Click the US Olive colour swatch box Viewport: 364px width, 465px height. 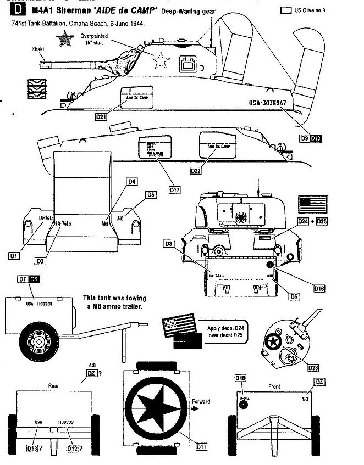285,10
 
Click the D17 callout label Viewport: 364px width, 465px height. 175,190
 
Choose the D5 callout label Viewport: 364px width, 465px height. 152,194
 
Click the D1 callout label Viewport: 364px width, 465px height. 15,255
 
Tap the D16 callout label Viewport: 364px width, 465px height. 319,288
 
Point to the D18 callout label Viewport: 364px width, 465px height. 240,378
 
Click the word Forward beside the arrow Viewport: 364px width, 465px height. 201,401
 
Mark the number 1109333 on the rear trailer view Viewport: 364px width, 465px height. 63,422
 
